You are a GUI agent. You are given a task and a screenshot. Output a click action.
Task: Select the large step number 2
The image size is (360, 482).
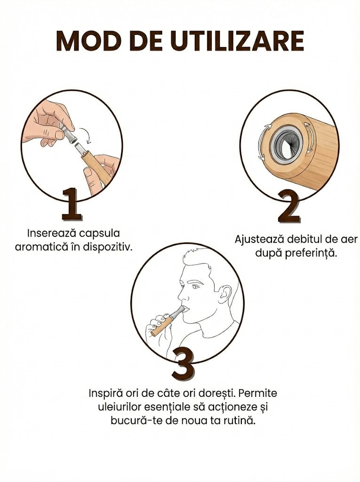[288, 207]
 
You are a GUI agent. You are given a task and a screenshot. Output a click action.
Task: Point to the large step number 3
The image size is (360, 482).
[183, 364]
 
